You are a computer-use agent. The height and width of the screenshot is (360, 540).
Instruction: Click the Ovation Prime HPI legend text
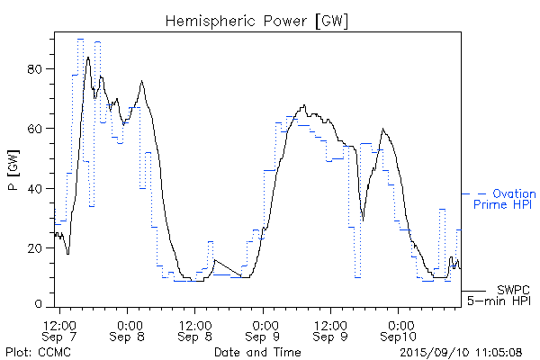[x=505, y=199]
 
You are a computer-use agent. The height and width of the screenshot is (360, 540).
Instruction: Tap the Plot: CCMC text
[x=31, y=352]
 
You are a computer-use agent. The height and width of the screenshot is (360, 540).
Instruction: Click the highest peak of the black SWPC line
[x=88, y=57]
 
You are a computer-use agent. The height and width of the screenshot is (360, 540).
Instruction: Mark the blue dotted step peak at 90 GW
[x=81, y=40]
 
